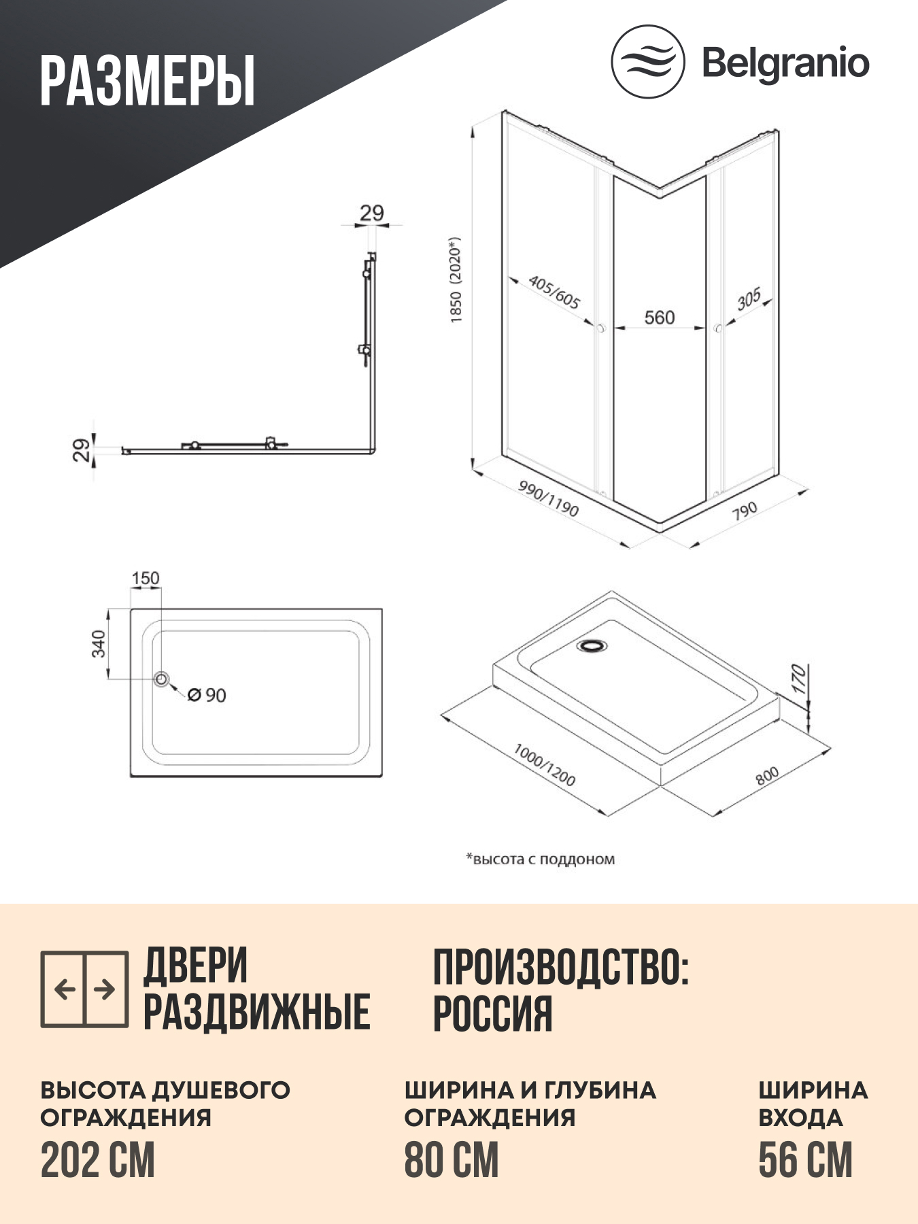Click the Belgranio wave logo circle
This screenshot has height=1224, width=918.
[647, 62]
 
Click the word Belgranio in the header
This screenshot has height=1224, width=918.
[785, 64]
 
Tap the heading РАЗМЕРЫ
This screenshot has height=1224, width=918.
[147, 81]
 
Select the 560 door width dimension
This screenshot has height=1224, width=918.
[659, 318]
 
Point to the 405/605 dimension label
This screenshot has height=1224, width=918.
[554, 293]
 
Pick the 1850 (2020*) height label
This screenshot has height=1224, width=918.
[456, 279]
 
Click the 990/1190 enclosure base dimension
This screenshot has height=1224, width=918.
[548, 499]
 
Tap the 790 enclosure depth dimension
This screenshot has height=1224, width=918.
[745, 511]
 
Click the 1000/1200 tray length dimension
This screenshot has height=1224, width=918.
[544, 765]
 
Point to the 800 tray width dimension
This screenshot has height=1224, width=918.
[767, 775]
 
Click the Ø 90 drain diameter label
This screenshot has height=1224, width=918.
[207, 695]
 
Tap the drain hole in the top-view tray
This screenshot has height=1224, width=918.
[161, 679]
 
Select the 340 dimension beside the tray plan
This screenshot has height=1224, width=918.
[99, 643]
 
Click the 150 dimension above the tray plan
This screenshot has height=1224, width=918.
[146, 578]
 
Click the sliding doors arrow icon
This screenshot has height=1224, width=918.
[84, 989]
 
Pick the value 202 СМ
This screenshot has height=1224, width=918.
[98, 1161]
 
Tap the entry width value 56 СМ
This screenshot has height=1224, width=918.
[805, 1161]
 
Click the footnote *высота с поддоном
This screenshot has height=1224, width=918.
[541, 859]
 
